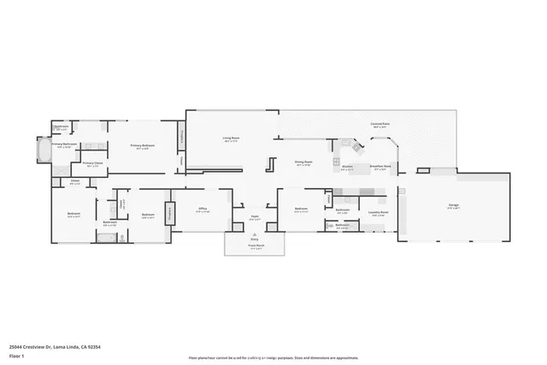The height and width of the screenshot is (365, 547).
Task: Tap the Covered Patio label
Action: coord(381,125)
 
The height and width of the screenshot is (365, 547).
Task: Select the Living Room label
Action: coord(231,138)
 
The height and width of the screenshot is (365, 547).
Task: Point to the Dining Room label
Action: coord(303,162)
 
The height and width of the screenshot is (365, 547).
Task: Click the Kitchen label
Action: coord(347,168)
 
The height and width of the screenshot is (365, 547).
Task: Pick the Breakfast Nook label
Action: coord(380,168)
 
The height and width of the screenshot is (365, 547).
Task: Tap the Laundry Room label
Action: coord(379,213)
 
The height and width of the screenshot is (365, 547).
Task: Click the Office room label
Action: coord(203,209)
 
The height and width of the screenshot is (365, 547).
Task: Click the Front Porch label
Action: coord(254,246)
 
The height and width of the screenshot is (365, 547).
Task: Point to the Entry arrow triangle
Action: coord(254,234)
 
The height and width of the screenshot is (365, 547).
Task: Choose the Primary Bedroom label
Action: coord(142,146)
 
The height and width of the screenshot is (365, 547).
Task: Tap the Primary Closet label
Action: coord(92,163)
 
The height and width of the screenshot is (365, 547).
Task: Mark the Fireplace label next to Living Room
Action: coord(181,135)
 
